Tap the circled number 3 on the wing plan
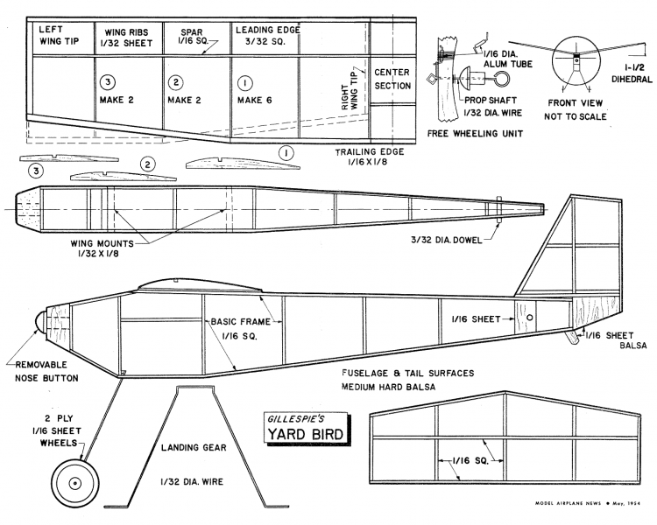(108, 82)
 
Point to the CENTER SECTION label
(391, 79)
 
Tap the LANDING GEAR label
(194, 447)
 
